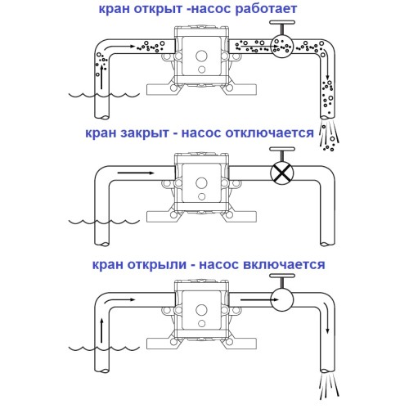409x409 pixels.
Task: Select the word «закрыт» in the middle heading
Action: tap(145, 133)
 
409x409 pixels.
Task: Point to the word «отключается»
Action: tap(270, 133)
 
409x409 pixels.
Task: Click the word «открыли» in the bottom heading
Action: tap(157, 265)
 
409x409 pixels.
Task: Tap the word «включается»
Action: tap(284, 265)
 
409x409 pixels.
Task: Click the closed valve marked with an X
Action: tap(282, 173)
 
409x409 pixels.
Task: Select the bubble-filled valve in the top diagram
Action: tap(282, 46)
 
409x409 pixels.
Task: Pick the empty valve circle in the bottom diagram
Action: tap(282, 300)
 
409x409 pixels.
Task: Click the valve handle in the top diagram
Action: tap(282, 26)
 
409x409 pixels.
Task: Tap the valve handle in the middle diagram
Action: tap(282, 154)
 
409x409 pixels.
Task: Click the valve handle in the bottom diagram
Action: tap(282, 281)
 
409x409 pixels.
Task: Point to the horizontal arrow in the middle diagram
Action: tap(136, 173)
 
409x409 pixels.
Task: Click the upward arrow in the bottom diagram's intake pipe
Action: tap(101, 330)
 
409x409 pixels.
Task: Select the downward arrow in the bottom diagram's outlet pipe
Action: tap(326, 317)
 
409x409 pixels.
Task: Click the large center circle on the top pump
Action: tap(201, 56)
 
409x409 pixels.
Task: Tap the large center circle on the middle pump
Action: tap(201, 183)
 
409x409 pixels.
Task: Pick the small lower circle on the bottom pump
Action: tap(202, 324)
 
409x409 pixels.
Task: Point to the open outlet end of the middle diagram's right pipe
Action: tap(327, 244)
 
